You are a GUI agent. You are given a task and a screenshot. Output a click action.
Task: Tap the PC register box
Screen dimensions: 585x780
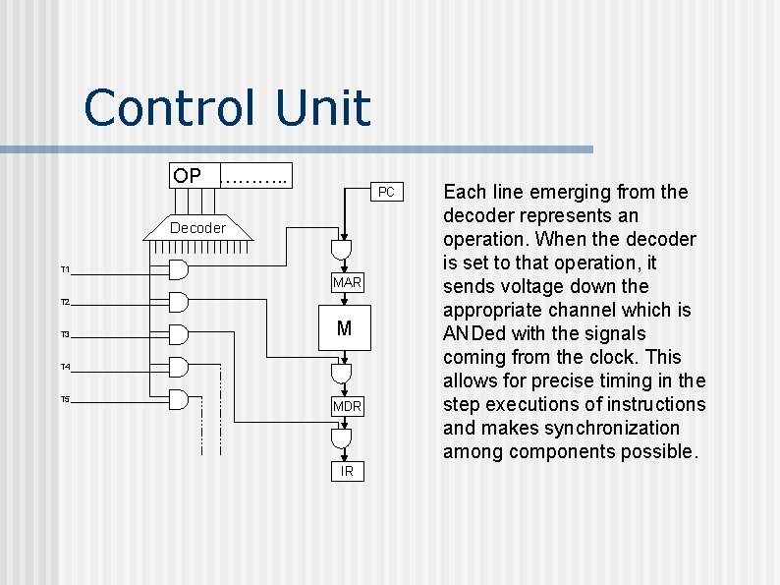point(386,192)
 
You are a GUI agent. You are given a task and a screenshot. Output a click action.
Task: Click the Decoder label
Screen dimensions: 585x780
point(197,228)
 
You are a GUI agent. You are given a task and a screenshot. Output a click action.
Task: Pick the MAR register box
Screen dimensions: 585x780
point(347,283)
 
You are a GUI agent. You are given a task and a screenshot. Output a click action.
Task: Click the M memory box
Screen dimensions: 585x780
point(344,329)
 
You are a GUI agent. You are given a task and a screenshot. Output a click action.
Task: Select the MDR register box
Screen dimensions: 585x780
point(347,406)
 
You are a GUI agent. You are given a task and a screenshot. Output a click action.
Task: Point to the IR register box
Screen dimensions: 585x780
point(347,472)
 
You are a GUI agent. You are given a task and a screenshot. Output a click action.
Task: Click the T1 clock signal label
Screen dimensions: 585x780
point(65,269)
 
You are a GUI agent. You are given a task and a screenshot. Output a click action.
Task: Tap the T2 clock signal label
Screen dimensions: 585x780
point(65,302)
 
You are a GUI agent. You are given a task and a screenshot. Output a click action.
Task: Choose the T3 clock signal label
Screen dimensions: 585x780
point(65,335)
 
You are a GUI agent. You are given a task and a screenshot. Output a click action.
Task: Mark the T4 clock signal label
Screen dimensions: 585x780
point(65,368)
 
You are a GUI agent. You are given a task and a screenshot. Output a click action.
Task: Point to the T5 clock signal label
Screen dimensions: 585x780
point(65,399)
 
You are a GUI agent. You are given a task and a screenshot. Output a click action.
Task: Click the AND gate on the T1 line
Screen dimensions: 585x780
point(178,269)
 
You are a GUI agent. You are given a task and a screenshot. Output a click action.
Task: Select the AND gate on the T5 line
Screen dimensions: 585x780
point(178,399)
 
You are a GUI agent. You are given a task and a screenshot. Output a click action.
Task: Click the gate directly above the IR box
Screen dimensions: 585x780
point(342,439)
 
